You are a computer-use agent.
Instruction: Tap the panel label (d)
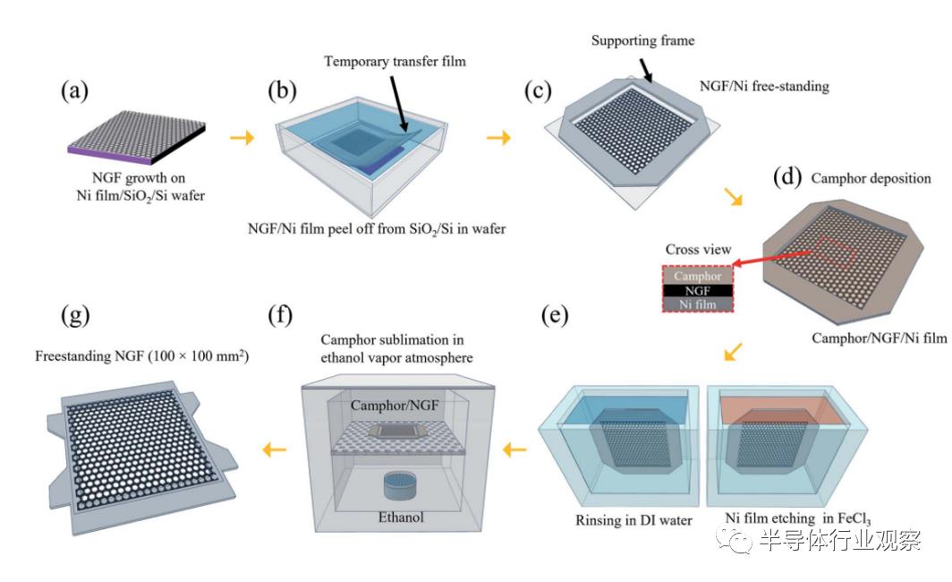pos(787,177)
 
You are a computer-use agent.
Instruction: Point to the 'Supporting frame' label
pos(642,40)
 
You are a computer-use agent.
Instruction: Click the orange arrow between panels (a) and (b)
pos(241,138)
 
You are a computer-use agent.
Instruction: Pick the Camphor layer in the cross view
pos(697,276)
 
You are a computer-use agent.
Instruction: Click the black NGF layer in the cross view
pos(697,290)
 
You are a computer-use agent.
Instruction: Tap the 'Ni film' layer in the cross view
pos(697,304)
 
